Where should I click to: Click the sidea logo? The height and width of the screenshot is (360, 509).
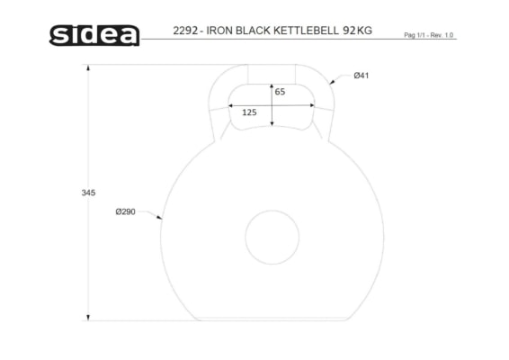click(x=94, y=35)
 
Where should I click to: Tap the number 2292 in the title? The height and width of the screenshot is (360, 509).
click(x=185, y=31)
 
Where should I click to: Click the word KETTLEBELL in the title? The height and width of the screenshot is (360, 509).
click(x=306, y=31)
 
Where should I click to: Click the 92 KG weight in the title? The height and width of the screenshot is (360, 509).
click(x=357, y=31)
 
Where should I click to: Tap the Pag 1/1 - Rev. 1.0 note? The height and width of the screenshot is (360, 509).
click(x=428, y=35)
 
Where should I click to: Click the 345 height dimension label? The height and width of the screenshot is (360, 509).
click(x=88, y=193)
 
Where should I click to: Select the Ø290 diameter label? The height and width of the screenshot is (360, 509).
click(x=125, y=211)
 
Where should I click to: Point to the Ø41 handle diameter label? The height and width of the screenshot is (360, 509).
click(x=362, y=76)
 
